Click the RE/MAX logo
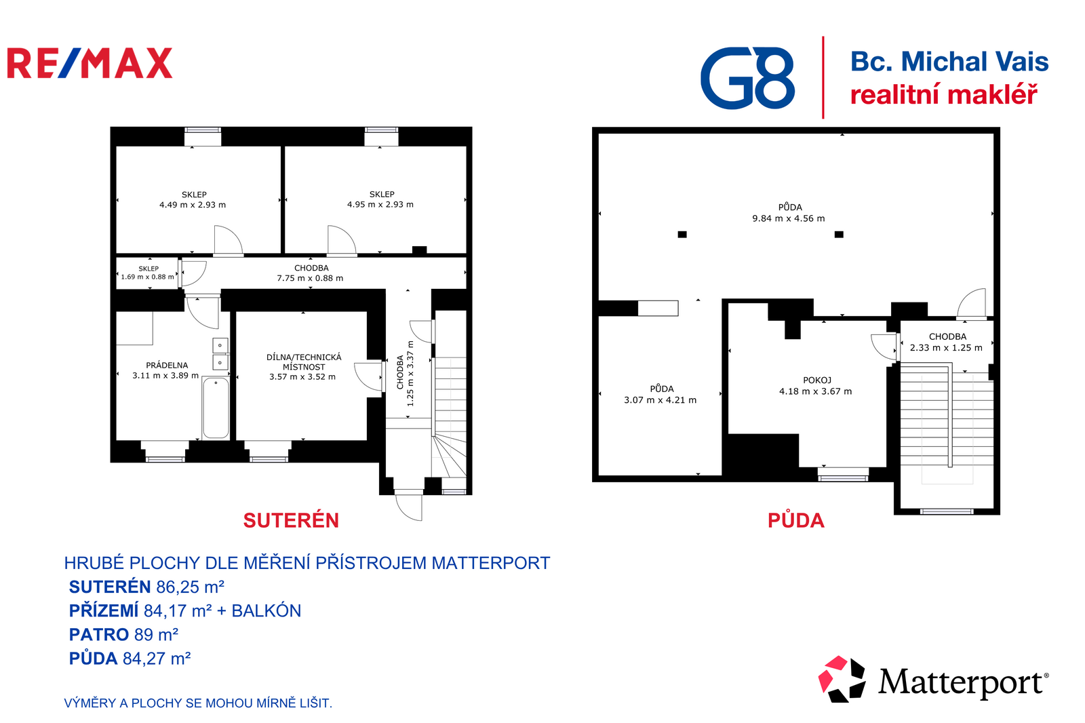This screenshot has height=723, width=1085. tap(90, 63)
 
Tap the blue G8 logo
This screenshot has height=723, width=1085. tap(747, 78)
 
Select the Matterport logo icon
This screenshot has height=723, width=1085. tap(842, 680)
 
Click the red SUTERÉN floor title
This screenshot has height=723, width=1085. tap(291, 520)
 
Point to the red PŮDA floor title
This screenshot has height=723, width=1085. tap(796, 520)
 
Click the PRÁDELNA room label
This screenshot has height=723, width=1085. tap(167, 366)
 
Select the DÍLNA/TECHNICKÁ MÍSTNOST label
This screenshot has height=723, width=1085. tap(304, 362)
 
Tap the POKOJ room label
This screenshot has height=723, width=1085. tap(817, 380)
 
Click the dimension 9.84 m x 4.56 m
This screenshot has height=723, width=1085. tap(788, 218)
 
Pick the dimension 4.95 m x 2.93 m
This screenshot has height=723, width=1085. tap(380, 205)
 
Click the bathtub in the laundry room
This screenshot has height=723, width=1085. tap(216, 408)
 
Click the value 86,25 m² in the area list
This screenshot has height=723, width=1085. tap(191, 587)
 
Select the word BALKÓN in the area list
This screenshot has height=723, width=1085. tap(267, 610)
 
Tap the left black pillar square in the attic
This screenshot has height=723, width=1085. tap(682, 235)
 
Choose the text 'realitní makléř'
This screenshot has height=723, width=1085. tap(944, 94)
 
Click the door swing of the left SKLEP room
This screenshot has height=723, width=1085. tap(228, 240)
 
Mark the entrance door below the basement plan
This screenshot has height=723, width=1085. tap(409, 506)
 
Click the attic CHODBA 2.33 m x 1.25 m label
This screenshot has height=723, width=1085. tap(947, 342)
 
